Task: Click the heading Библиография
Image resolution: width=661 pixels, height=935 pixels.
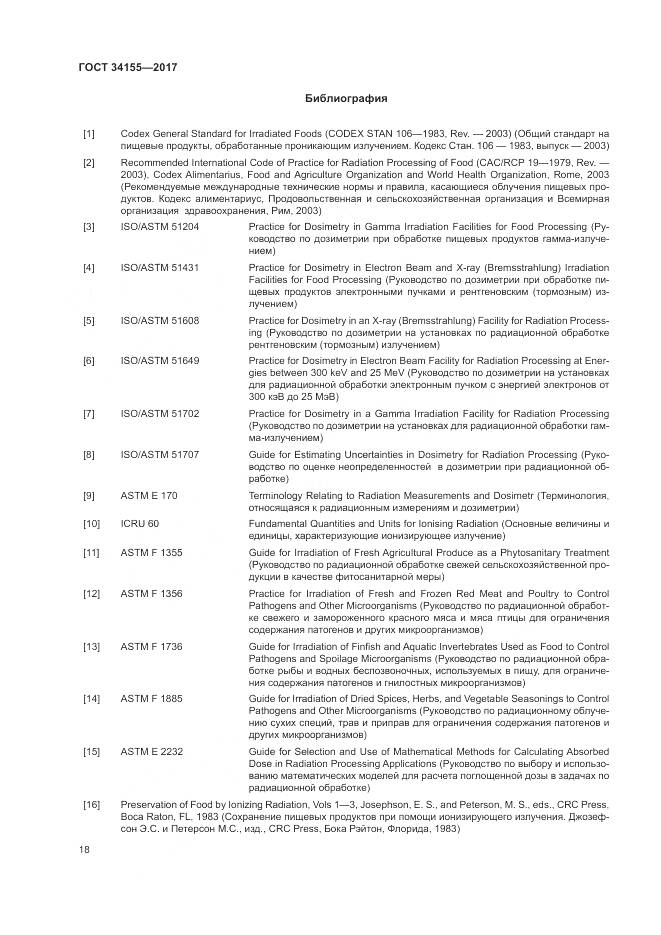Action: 345,99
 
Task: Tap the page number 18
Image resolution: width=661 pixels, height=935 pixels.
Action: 84,850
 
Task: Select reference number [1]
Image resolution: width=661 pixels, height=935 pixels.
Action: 89,132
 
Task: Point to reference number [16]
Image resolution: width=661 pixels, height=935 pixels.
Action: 91,804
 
